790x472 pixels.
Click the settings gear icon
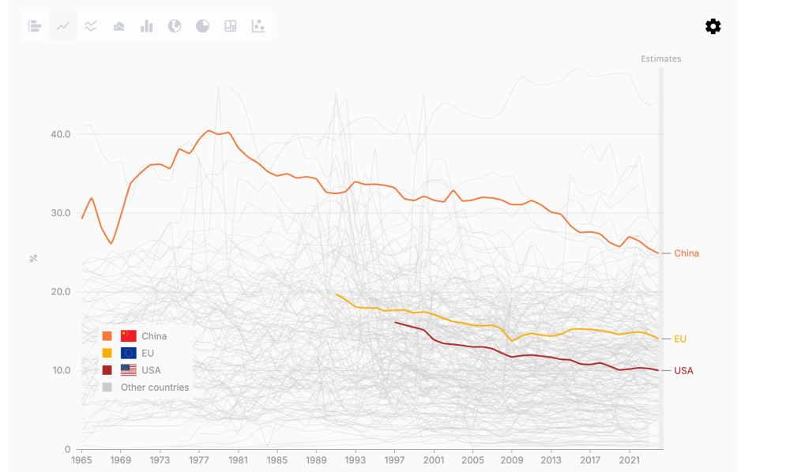click(713, 27)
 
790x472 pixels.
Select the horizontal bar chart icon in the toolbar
click(35, 26)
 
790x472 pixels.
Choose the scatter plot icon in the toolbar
click(258, 26)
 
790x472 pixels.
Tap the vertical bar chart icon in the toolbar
click(146, 26)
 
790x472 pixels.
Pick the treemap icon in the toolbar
click(230, 26)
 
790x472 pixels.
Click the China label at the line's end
click(686, 253)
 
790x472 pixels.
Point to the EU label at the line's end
click(679, 339)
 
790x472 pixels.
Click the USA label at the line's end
click(683, 370)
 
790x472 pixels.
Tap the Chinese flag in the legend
click(128, 336)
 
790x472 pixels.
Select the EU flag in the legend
click(128, 353)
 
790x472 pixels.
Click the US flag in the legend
click(128, 370)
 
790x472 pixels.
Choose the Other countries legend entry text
click(155, 388)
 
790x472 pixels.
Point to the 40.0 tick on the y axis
click(59, 134)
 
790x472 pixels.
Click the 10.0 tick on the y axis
click(59, 370)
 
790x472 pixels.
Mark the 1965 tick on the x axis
click(82, 459)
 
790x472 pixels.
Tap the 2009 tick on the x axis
click(512, 459)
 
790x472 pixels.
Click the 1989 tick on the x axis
click(317, 459)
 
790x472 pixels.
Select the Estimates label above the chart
click(660, 59)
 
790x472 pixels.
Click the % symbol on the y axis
click(33, 258)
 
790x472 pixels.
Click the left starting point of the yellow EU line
click(337, 294)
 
